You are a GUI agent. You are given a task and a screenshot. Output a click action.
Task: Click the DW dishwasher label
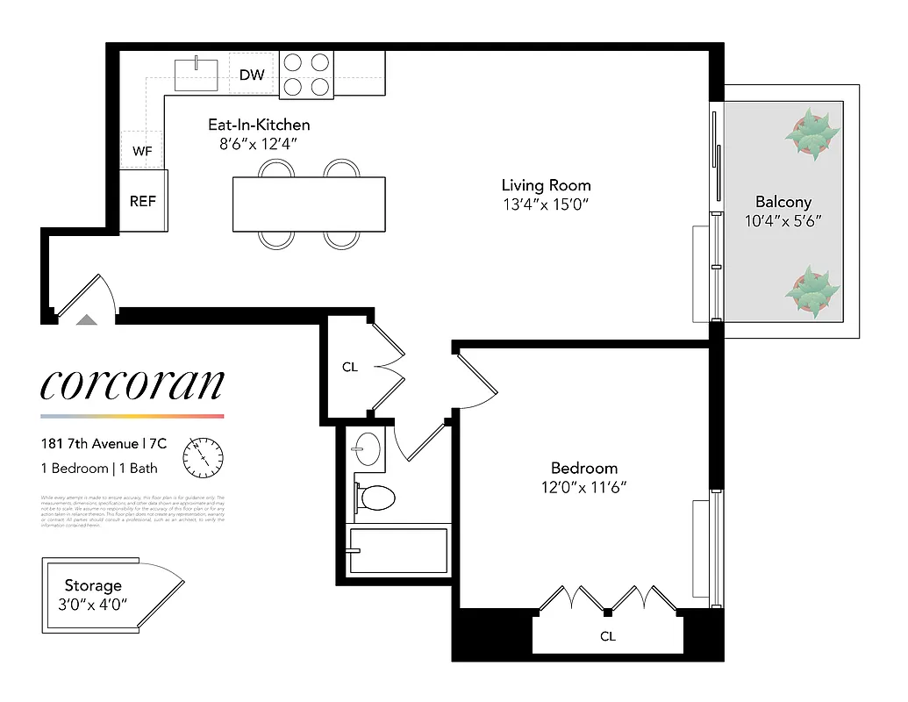[252, 75]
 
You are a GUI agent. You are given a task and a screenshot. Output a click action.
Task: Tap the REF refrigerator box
[143, 201]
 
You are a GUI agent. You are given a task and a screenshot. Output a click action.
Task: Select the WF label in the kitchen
[142, 152]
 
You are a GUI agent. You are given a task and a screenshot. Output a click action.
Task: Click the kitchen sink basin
[197, 75]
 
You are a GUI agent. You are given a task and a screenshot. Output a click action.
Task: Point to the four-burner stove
[306, 75]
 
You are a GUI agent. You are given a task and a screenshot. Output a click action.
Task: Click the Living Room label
[546, 185]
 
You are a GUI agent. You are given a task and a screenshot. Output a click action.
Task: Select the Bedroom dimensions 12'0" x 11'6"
[584, 487]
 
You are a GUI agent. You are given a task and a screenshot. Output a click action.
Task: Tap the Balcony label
[783, 202]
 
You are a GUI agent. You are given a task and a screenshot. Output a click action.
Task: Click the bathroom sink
[367, 450]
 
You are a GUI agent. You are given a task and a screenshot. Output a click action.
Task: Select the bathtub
[399, 550]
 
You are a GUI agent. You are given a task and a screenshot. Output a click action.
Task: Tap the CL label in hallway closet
[350, 367]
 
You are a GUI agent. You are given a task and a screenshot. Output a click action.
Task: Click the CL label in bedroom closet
[608, 636]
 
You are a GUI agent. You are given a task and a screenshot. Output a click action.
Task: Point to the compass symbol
[203, 457]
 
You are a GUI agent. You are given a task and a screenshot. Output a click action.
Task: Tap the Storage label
[93, 585]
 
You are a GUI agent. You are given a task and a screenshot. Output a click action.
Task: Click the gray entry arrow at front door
[86, 320]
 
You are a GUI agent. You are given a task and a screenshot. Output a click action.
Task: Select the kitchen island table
[308, 204]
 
